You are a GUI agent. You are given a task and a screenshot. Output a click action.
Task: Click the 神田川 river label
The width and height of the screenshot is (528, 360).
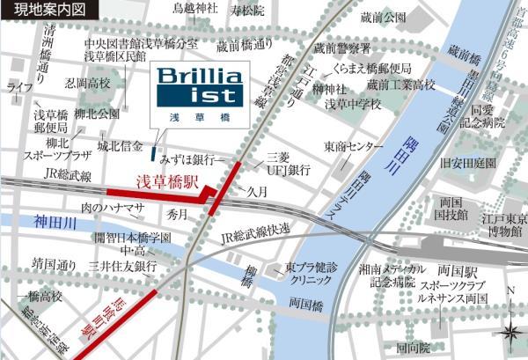(35, 224)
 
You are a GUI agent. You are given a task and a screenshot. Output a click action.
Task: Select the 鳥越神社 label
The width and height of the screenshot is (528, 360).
(195, 10)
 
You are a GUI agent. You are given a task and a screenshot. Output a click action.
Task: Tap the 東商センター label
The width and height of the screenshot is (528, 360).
(354, 145)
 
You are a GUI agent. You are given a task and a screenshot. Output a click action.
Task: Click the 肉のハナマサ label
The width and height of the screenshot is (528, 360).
(112, 208)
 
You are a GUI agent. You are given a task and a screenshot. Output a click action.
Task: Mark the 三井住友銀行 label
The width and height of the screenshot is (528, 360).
(122, 266)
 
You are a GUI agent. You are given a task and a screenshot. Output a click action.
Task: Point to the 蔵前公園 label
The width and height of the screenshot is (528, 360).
(383, 18)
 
